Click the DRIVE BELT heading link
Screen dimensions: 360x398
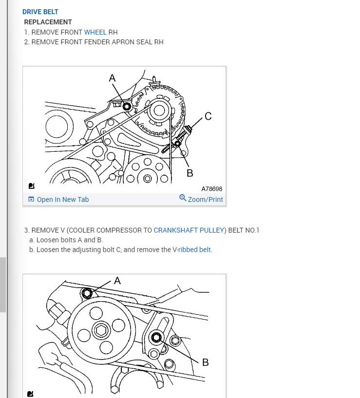[x=40, y=12]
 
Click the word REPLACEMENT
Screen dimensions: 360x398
[x=48, y=22]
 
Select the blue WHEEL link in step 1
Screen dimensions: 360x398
[x=95, y=32]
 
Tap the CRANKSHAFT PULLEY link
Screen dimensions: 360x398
[x=189, y=230]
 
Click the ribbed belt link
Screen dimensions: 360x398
[x=194, y=250]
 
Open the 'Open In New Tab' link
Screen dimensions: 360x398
[x=63, y=199]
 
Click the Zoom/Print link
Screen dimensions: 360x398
[x=205, y=199]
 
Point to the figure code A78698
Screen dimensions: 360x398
[x=212, y=189]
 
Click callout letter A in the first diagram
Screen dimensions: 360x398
[x=113, y=78]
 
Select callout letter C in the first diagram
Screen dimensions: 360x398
[x=208, y=116]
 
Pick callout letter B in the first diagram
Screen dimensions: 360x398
[x=190, y=173]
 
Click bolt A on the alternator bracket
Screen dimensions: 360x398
[x=127, y=107]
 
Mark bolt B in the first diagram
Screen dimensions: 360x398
[x=177, y=144]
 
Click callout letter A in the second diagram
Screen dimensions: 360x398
[x=117, y=281]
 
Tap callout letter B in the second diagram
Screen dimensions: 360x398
[x=205, y=362]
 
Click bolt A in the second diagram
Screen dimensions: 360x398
[x=87, y=293]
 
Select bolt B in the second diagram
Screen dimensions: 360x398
[x=156, y=337]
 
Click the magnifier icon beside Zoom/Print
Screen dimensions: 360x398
[x=183, y=198]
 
